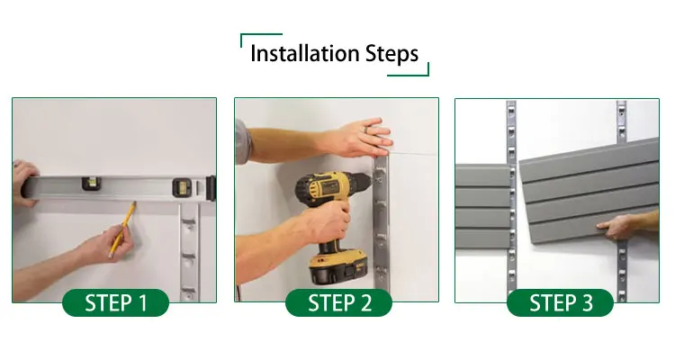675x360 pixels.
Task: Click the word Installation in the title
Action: tap(305, 53)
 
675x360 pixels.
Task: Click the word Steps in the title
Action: tap(391, 54)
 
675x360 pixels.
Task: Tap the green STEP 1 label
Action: tap(116, 302)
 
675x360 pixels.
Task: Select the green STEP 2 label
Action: tap(338, 302)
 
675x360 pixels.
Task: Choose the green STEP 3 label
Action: tap(560, 302)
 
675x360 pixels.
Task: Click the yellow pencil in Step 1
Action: tap(121, 229)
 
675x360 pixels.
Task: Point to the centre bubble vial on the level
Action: tap(92, 184)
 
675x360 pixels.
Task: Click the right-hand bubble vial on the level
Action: tap(182, 187)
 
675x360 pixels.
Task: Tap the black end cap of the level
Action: tap(211, 188)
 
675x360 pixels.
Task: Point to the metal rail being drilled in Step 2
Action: tap(381, 223)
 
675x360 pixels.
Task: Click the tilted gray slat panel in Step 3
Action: tap(589, 191)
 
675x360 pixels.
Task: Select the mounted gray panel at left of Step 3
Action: tap(482, 206)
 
